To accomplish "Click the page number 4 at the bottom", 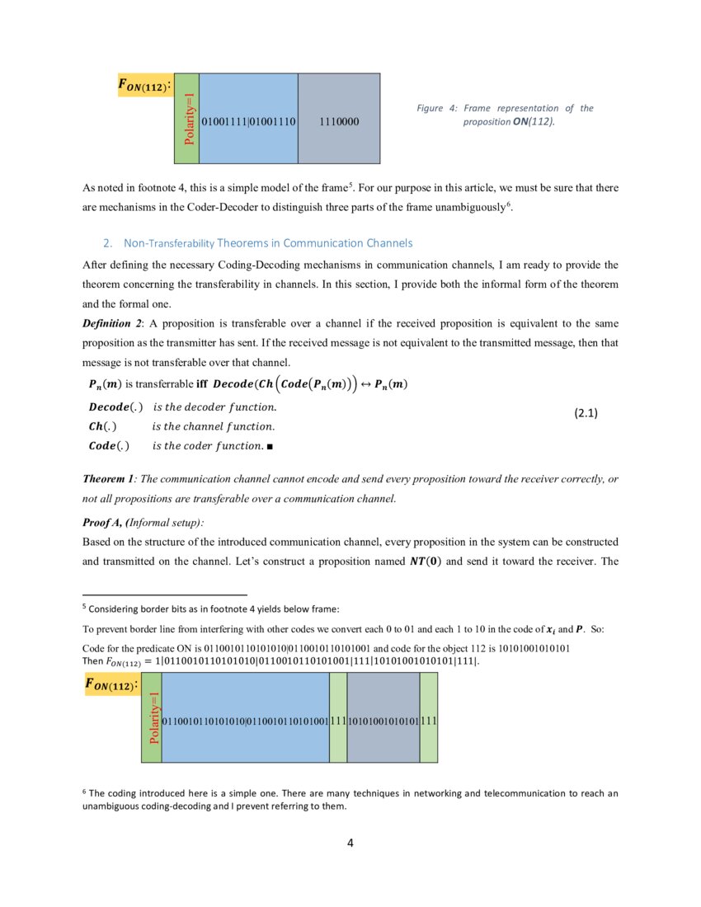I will pyautogui.click(x=350, y=843).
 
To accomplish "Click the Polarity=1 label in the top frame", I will pyautogui.click(x=189, y=117).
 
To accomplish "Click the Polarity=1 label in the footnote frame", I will pyautogui.click(x=153, y=718).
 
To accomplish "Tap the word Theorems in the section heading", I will pyautogui.click(x=243, y=243).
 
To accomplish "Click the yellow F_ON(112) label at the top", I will pyautogui.click(x=147, y=85).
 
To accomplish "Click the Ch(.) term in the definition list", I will pyautogui.click(x=102, y=427).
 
